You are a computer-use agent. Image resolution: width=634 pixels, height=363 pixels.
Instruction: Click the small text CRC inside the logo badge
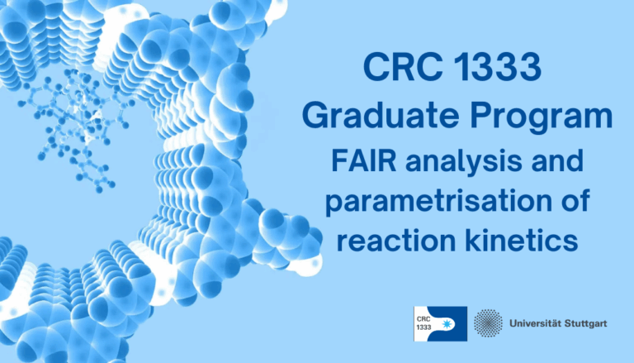(x=427, y=318)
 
